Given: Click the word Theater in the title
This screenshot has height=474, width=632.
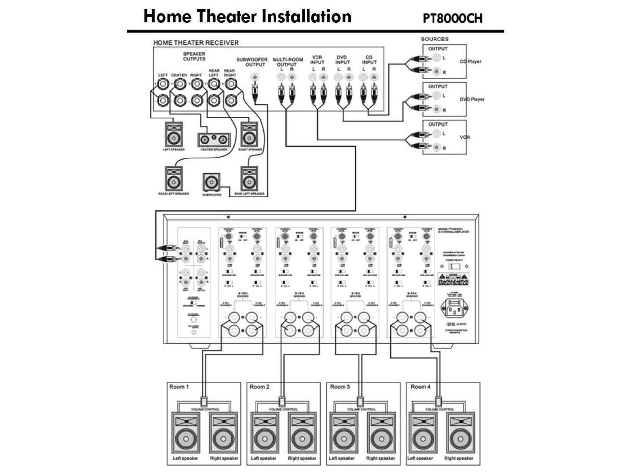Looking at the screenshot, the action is [x=227, y=16].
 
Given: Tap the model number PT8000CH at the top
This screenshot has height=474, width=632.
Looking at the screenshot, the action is [x=452, y=19].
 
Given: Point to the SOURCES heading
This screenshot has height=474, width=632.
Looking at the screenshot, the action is [x=434, y=39].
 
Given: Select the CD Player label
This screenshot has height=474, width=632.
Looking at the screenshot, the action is [x=470, y=62].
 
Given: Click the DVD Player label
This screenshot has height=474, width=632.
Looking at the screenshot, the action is [x=472, y=99].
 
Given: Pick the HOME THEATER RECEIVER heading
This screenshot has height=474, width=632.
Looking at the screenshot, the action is [x=196, y=43].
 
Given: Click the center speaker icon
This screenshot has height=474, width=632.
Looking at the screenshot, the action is [x=214, y=139].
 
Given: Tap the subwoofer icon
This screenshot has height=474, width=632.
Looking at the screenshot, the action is [x=211, y=182].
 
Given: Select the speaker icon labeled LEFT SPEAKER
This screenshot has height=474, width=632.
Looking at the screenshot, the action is [x=174, y=134].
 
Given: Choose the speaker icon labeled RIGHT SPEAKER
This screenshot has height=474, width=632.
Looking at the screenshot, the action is [x=249, y=134].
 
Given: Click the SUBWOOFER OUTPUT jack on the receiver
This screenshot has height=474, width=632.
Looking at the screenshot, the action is [x=255, y=78].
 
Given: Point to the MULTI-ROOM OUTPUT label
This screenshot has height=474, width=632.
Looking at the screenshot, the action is [x=287, y=62].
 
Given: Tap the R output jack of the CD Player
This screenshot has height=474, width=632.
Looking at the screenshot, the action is [x=436, y=72].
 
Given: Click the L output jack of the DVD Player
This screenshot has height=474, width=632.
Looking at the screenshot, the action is [x=436, y=95].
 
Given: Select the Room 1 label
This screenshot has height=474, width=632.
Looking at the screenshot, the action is [x=179, y=387].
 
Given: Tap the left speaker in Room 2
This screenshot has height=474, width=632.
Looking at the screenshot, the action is [x=263, y=433].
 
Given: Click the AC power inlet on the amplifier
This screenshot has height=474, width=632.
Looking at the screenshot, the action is [x=454, y=310].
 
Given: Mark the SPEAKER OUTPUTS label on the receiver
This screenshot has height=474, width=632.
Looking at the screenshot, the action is [x=194, y=56].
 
